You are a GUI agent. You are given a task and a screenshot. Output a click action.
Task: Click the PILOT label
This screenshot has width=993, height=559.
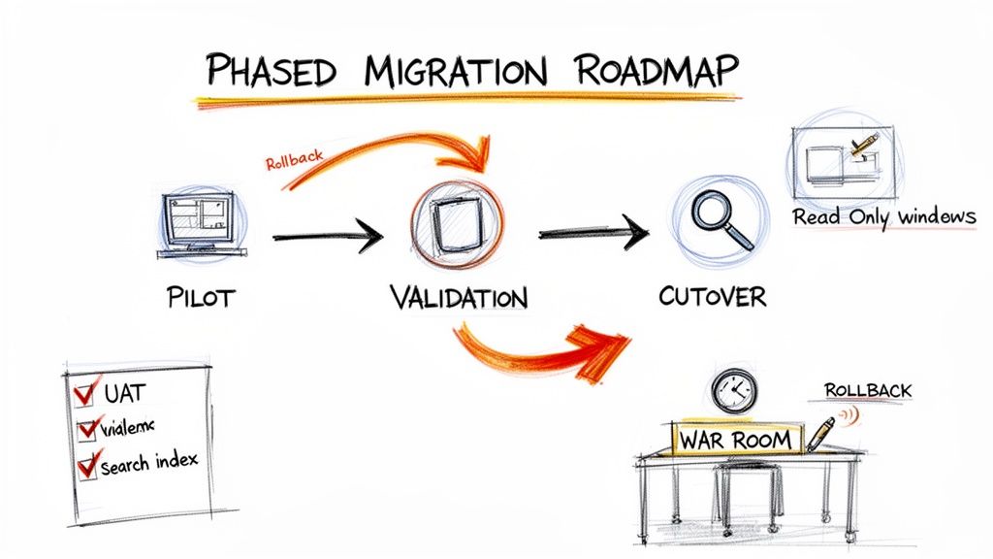coord(200,297)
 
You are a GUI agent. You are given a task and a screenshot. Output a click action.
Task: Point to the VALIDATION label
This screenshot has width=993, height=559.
coord(459,297)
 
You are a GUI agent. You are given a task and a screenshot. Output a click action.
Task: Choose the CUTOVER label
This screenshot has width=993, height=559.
coord(712,295)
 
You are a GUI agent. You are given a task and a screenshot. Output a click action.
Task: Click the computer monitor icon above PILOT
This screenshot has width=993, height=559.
coord(200,222)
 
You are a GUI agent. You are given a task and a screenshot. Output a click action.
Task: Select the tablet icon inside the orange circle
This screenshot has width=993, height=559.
coord(456,225)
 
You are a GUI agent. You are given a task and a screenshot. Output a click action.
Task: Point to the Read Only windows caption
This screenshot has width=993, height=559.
coord(883,216)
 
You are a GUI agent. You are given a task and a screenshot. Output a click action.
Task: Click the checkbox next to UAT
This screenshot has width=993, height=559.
coord(84,392)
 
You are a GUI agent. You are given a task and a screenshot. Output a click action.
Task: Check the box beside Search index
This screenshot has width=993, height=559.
coord(87,465)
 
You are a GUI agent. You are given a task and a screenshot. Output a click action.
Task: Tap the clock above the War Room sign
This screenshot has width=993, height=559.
coord(732,391)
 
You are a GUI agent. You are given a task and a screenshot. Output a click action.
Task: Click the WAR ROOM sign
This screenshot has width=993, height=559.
coord(737,439)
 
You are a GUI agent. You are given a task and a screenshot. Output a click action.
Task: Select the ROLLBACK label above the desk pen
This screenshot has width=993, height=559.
coord(867,390)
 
